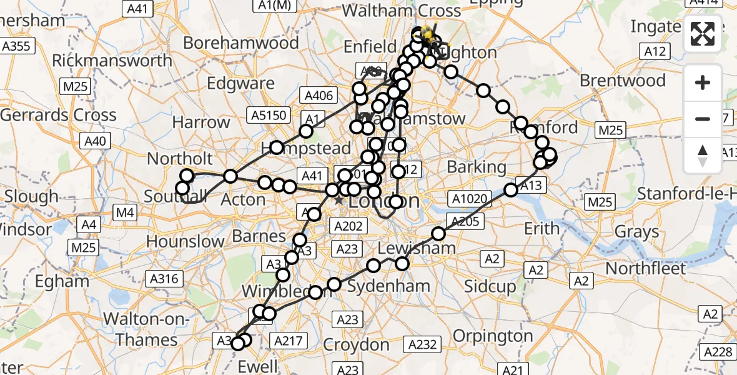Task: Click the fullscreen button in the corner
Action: [703, 35]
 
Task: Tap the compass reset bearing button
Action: [703, 156]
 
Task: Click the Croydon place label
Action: [357, 344]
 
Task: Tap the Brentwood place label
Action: [622, 81]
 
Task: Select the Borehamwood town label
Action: [241, 43]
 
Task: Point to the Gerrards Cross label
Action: [58, 115]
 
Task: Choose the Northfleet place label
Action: [645, 268]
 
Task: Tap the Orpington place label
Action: [492, 336]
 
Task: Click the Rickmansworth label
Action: [112, 61]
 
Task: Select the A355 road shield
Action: [18, 46]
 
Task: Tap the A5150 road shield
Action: [268, 114]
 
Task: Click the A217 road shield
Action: [288, 341]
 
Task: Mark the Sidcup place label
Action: [490, 287]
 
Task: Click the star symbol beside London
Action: [339, 201]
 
